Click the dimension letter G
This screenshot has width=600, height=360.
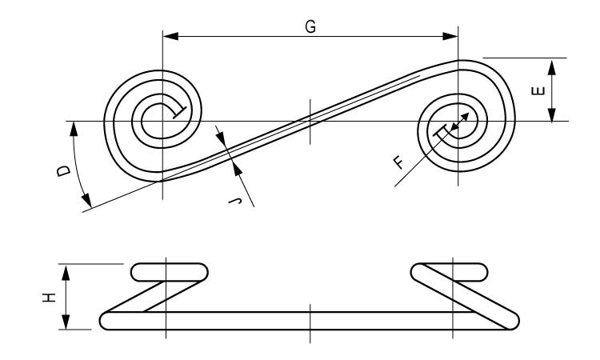[x=310, y=26]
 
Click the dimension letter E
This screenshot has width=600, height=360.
[x=538, y=90]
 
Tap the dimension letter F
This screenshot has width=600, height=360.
[x=398, y=162]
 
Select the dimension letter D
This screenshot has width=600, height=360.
[x=64, y=170]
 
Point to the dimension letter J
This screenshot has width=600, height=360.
[x=235, y=201]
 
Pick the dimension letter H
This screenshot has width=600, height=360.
[x=49, y=298]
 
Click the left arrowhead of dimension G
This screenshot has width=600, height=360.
[x=170, y=36]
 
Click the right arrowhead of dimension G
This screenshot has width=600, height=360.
[x=450, y=36]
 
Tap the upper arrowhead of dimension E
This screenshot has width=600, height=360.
[x=551, y=67]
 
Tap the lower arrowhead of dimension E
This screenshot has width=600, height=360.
[x=551, y=114]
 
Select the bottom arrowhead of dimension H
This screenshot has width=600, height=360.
[x=66, y=321]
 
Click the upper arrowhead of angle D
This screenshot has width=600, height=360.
[x=74, y=130]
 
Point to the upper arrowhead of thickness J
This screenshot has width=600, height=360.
[x=222, y=138]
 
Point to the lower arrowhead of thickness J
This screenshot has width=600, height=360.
[x=238, y=170]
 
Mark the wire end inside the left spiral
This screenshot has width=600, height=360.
[x=179, y=112]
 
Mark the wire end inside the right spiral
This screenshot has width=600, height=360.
[x=440, y=130]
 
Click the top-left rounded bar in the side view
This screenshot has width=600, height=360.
[x=170, y=272]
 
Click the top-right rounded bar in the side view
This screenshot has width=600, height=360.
[x=450, y=272]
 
